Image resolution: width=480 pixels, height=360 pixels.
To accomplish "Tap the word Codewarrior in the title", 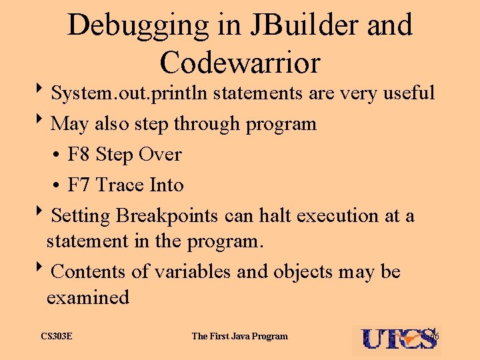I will tap(240, 62).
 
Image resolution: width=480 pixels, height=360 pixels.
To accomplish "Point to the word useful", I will tap(409, 93).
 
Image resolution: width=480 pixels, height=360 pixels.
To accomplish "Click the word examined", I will tap(87, 297).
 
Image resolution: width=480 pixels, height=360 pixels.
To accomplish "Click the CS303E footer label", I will tap(57, 336).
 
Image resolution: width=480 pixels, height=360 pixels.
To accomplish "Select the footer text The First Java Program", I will tap(239, 336).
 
